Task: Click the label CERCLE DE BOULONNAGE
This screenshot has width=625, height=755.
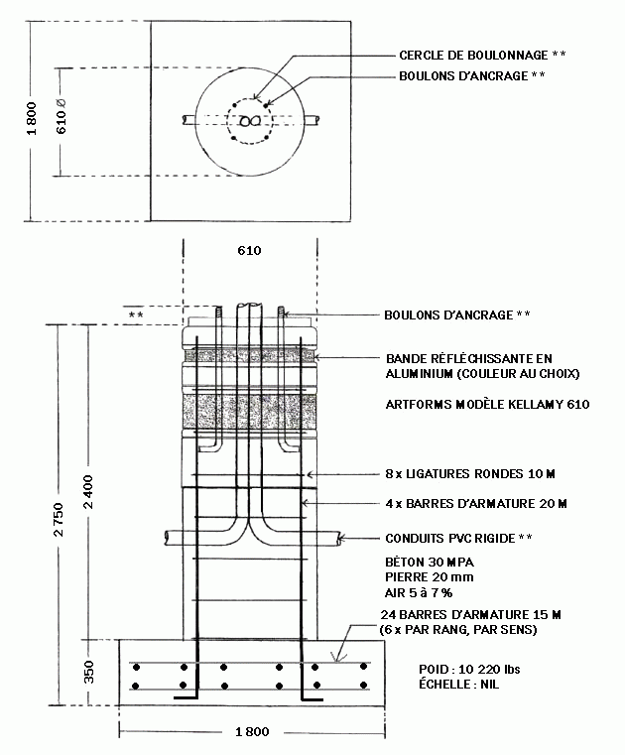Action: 473,56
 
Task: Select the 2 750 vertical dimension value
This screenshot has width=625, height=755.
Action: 59,520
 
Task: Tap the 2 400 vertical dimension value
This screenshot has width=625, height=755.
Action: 88,492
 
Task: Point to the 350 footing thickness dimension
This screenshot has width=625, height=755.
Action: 89,672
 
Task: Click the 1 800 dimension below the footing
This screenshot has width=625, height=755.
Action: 252,732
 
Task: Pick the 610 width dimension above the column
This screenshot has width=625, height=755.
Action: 249,250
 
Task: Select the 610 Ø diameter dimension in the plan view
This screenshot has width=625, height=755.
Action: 62,116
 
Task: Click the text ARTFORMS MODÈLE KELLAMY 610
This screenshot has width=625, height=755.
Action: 487,405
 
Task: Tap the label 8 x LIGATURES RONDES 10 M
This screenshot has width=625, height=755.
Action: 470,474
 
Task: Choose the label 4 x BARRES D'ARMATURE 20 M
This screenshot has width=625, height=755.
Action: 476,504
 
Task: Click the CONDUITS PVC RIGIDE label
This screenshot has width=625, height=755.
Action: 450,539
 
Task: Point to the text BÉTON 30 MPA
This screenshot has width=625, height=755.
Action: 430,562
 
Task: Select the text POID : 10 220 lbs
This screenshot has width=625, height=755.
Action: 469,670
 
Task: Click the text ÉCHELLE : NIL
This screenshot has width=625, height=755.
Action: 459,685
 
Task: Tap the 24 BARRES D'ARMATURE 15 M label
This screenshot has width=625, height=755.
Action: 471,614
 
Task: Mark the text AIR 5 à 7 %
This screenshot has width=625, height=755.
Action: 419,592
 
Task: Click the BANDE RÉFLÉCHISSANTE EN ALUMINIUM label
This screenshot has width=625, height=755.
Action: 482,366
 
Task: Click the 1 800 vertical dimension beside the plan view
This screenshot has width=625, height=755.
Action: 32,118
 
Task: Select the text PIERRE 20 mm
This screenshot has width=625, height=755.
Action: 429,576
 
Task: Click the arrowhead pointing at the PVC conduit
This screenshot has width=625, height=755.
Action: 340,538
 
